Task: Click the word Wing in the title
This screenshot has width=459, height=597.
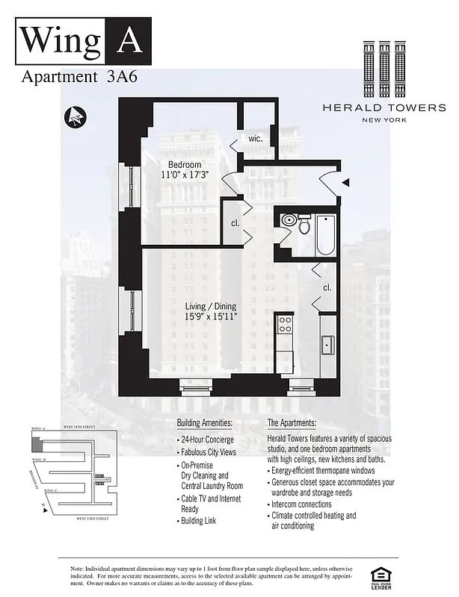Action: pos(59,40)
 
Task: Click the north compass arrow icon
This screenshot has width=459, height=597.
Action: pos(74,117)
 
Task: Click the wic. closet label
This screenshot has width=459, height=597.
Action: pos(256,138)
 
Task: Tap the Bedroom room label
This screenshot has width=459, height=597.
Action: pos(184,164)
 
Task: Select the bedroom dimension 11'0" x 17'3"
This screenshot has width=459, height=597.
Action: pos(184,175)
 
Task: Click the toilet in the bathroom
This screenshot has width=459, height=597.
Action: pos(304,225)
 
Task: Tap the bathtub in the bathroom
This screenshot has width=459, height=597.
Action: pos(327,233)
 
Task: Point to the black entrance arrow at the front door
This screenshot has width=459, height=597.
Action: pos(345,182)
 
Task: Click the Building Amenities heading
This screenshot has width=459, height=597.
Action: pos(205,422)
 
